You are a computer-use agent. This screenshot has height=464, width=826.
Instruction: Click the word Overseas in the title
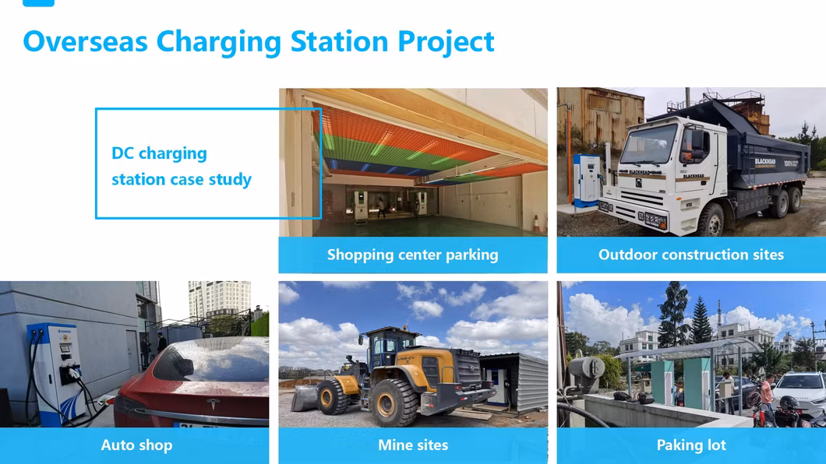86,41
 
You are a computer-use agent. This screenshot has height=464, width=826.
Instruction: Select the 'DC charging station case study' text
181,166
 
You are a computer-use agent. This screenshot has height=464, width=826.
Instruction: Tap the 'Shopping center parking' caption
412,255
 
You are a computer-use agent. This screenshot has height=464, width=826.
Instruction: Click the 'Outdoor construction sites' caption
690,255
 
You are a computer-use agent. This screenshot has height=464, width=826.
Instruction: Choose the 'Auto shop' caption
136,445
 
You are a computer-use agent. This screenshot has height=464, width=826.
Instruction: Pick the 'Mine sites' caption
412,445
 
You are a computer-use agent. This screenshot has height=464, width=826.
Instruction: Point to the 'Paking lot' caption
690,445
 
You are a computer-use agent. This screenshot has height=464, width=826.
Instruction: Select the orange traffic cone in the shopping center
536,223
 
